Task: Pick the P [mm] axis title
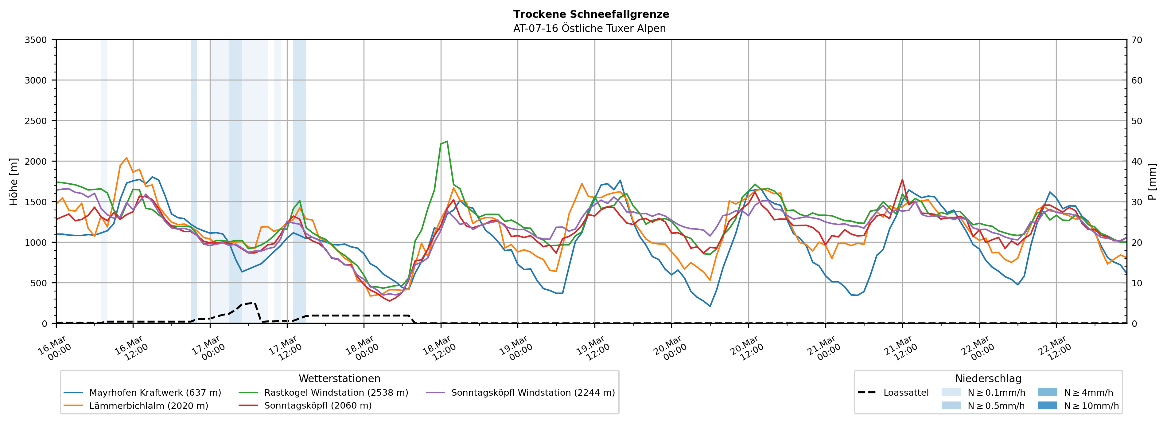[x=1152, y=181]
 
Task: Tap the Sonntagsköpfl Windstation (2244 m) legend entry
[x=533, y=393]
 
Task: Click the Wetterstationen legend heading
[x=339, y=378]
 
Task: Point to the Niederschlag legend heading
[x=988, y=378]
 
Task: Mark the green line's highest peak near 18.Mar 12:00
[x=447, y=141]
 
